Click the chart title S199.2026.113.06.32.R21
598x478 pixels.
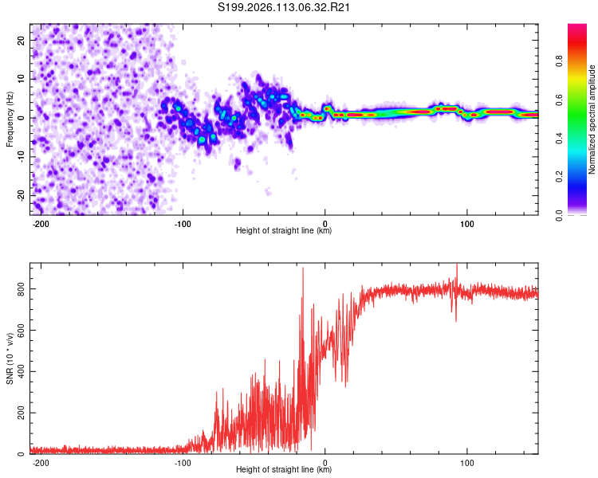pos(285,7)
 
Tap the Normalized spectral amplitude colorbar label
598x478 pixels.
pos(592,119)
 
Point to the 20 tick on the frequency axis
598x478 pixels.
pos(22,40)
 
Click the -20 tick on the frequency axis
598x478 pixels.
pos(20,195)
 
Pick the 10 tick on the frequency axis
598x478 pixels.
pos(22,79)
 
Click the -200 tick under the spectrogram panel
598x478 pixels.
pos(41,222)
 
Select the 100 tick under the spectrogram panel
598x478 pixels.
pos(467,222)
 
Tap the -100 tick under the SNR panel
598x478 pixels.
pos(183,462)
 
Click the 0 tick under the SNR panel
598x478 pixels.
pos(325,462)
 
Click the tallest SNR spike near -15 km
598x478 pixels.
pos(302,269)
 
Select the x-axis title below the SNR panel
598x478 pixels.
pos(284,470)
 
